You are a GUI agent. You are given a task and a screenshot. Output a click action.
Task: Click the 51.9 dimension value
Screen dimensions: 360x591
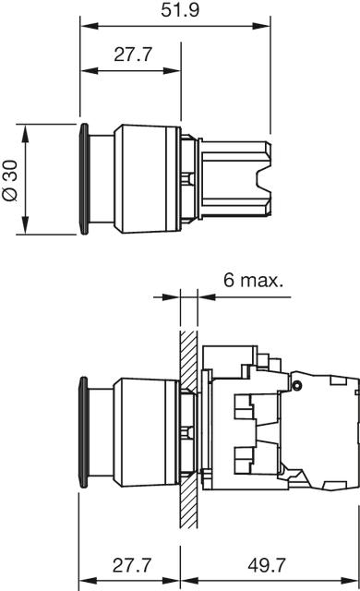(x=180, y=10)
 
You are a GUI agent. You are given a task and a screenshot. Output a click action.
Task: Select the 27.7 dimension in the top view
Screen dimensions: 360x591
(x=133, y=54)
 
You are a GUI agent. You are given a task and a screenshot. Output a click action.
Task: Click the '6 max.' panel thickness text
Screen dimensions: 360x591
(x=253, y=280)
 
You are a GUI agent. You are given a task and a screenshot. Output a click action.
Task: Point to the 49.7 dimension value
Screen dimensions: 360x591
(x=267, y=565)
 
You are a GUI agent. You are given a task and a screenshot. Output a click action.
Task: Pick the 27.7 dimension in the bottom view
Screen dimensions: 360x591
(x=132, y=565)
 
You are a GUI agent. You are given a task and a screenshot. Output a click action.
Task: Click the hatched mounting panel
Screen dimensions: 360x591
(x=188, y=428)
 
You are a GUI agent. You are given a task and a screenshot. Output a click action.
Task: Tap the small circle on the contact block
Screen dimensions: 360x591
(x=296, y=385)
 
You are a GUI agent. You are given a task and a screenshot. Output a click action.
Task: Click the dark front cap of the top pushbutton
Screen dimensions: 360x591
(x=85, y=179)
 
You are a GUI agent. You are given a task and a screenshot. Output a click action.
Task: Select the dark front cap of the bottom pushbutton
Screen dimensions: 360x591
(x=84, y=433)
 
